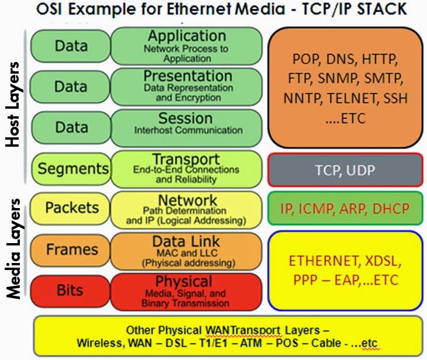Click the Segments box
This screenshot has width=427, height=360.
tap(70, 169)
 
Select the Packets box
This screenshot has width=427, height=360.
tap(70, 209)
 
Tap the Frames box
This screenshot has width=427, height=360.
tap(70, 250)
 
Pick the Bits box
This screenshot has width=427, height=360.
tap(70, 290)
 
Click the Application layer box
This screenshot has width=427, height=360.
tap(186, 46)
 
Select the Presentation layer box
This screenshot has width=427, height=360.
tap(186, 86)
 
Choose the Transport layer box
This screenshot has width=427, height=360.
tap(186, 169)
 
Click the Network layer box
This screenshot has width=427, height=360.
tap(186, 209)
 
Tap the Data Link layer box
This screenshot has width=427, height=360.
tap(186, 250)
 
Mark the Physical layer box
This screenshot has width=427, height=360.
tap(186, 290)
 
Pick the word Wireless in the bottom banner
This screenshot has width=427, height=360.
tap(99, 342)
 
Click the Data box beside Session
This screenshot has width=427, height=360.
tap(70, 126)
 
